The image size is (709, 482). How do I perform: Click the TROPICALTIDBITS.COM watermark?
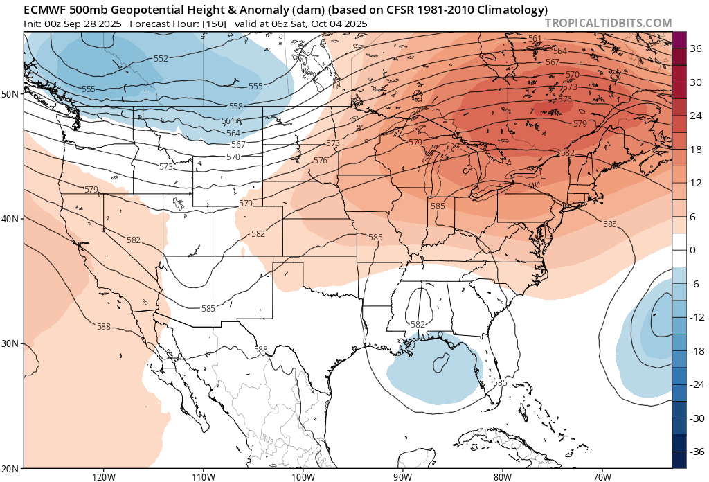608,23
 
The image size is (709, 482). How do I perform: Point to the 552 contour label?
161,58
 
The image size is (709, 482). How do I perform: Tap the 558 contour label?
236,107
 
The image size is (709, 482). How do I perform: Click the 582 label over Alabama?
418,324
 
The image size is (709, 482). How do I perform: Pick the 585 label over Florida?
500,382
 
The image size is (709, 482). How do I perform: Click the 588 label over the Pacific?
104,326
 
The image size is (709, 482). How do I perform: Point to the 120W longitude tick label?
103,477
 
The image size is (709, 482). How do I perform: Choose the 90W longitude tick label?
402,477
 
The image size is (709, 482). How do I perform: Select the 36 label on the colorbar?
695,49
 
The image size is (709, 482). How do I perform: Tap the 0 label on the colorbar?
692,251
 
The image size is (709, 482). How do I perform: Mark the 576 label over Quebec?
565,100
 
